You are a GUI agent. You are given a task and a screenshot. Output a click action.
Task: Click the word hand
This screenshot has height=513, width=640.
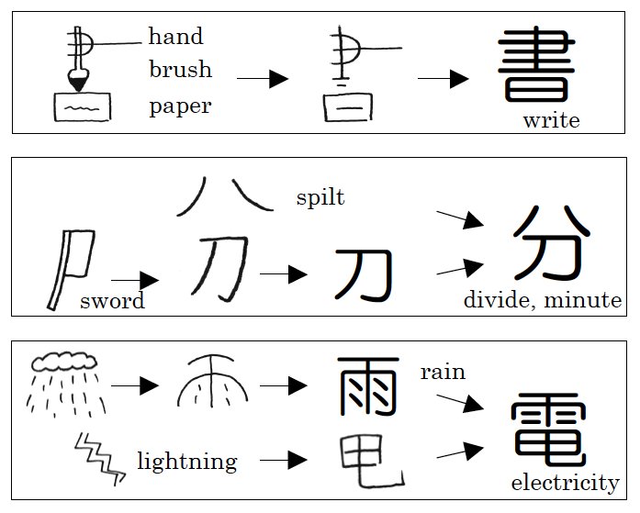point(175,38)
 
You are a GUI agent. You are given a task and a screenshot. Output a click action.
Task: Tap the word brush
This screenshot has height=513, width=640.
point(180,70)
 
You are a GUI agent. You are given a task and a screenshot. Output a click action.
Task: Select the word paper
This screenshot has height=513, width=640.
point(180,106)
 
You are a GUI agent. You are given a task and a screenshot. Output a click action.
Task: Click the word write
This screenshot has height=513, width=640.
point(551,121)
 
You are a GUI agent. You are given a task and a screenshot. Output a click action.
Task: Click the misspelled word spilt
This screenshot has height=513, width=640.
point(320,197)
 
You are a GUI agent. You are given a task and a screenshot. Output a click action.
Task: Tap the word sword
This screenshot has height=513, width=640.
point(112,301)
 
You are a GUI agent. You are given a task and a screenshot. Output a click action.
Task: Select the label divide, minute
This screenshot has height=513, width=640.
point(542,301)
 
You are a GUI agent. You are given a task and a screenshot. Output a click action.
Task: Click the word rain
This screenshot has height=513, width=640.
point(443,373)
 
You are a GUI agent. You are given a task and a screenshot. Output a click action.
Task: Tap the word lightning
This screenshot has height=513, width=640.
point(186,461)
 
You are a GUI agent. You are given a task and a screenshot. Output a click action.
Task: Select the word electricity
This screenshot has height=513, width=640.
point(565,483)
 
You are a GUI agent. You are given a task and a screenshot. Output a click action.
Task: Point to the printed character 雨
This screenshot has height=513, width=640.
point(368,385)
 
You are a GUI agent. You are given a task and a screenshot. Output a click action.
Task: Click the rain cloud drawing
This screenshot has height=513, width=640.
point(62,362)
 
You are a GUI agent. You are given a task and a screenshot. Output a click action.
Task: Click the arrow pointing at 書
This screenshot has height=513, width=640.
point(444,79)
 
